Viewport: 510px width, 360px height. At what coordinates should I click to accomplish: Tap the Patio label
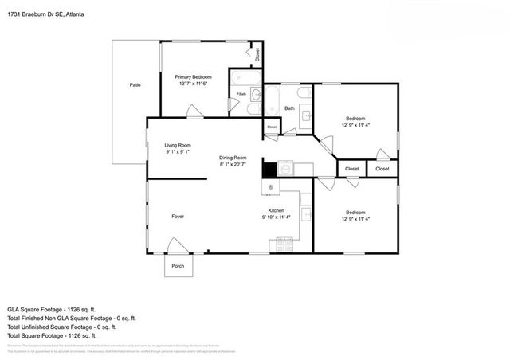135,84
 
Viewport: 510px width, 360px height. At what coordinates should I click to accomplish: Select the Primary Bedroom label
193,76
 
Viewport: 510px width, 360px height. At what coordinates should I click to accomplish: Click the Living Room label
178,145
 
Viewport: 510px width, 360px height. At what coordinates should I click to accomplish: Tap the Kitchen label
276,211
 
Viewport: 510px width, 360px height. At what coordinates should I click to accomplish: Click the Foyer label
178,216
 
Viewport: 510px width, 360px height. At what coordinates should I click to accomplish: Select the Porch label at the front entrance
178,266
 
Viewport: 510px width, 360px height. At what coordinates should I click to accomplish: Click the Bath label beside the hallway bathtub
290,108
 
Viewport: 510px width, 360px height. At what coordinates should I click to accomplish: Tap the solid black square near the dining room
269,170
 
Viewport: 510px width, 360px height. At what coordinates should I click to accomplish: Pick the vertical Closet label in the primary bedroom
257,55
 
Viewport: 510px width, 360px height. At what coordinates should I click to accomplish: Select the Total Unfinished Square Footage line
62,327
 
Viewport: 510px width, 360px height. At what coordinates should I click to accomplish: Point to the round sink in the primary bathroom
255,96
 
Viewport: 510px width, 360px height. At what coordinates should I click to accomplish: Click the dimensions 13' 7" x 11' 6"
193,84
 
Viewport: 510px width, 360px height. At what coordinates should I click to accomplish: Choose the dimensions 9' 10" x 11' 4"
276,217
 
